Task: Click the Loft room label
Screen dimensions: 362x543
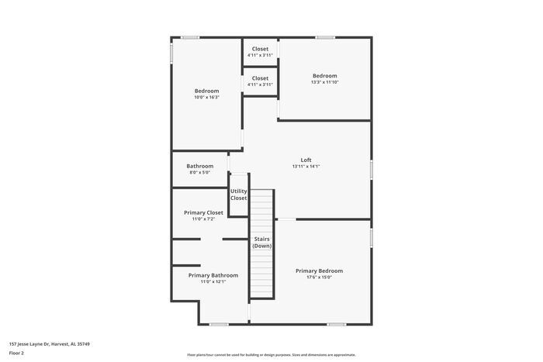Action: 306,160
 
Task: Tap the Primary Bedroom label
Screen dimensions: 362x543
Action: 319,271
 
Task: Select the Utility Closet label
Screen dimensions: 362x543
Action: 238,195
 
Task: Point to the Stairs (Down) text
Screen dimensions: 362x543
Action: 261,242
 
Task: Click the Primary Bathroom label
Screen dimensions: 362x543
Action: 213,275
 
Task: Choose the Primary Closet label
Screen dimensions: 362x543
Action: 203,212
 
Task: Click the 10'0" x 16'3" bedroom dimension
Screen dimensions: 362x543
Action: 206,98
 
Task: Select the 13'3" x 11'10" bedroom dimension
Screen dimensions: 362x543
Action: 324,82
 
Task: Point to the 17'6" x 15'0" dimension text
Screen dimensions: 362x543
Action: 319,278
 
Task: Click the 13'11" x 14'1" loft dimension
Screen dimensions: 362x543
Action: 306,167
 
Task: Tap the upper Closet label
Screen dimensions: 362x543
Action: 260,49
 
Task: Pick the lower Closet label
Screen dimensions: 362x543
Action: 260,78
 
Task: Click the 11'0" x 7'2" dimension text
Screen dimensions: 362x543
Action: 203,219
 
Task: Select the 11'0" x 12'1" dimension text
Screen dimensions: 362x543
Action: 213,282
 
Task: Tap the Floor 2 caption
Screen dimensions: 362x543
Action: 16,353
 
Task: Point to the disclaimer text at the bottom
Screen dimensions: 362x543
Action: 271,353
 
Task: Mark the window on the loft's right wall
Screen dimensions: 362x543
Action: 372,169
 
